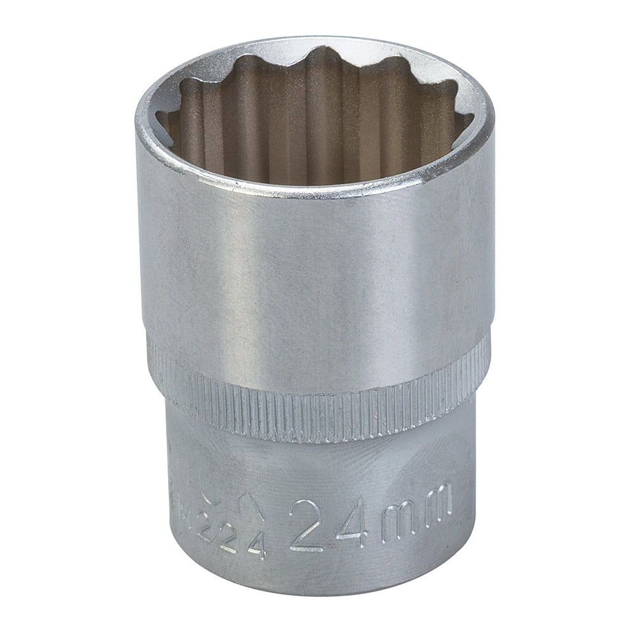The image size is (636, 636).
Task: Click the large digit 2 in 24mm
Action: [x=307, y=525]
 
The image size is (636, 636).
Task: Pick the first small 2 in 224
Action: [x=205, y=527]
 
